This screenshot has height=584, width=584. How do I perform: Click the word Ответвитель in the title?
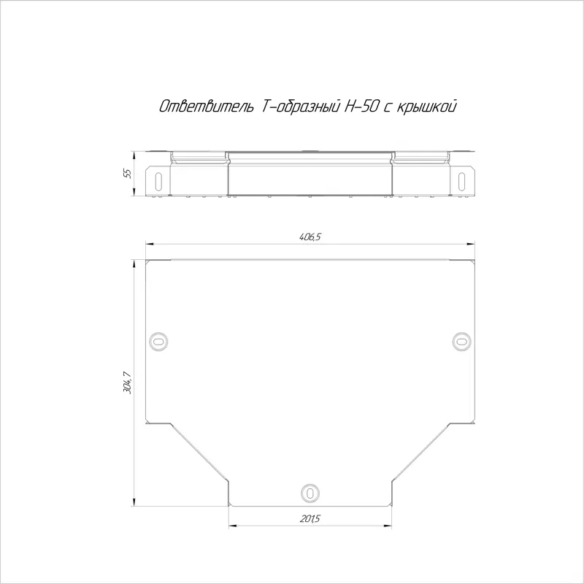(x=207, y=107)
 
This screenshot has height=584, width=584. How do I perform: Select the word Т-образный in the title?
(x=301, y=107)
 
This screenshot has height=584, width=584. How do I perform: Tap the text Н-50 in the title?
(x=361, y=107)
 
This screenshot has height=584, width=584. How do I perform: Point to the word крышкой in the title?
(x=426, y=107)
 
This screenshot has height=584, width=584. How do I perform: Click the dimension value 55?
(x=128, y=174)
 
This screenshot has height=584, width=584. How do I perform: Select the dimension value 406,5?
(x=310, y=237)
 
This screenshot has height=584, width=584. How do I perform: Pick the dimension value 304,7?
(x=128, y=383)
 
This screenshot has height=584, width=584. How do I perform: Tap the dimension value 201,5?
(x=310, y=518)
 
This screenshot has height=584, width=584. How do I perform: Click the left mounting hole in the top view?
(x=158, y=341)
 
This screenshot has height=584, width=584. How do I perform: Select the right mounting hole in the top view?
(x=462, y=341)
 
